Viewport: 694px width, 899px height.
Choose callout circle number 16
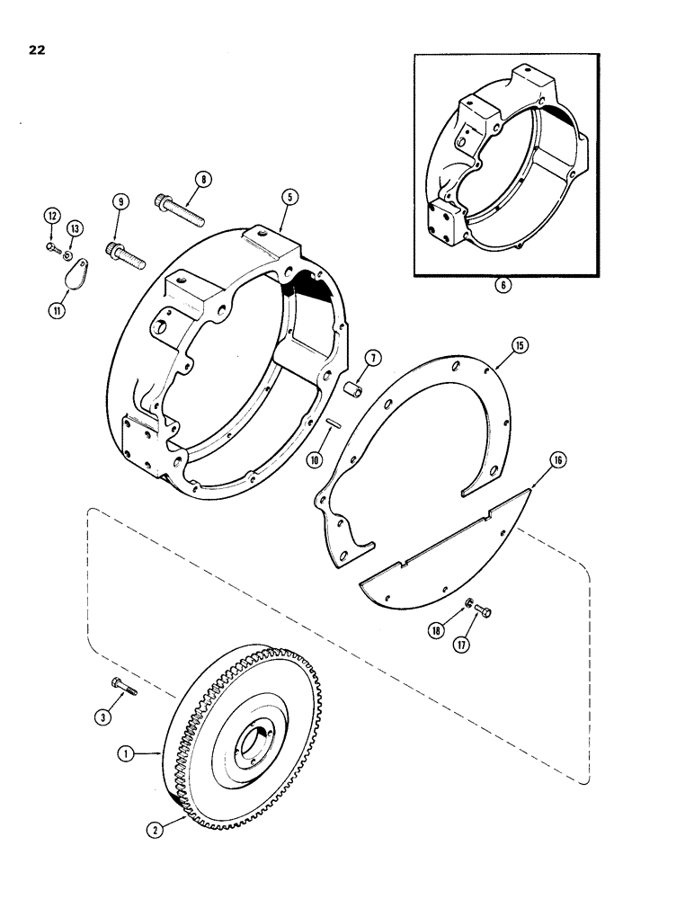click(x=559, y=460)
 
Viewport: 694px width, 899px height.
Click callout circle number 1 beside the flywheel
click(x=133, y=757)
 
